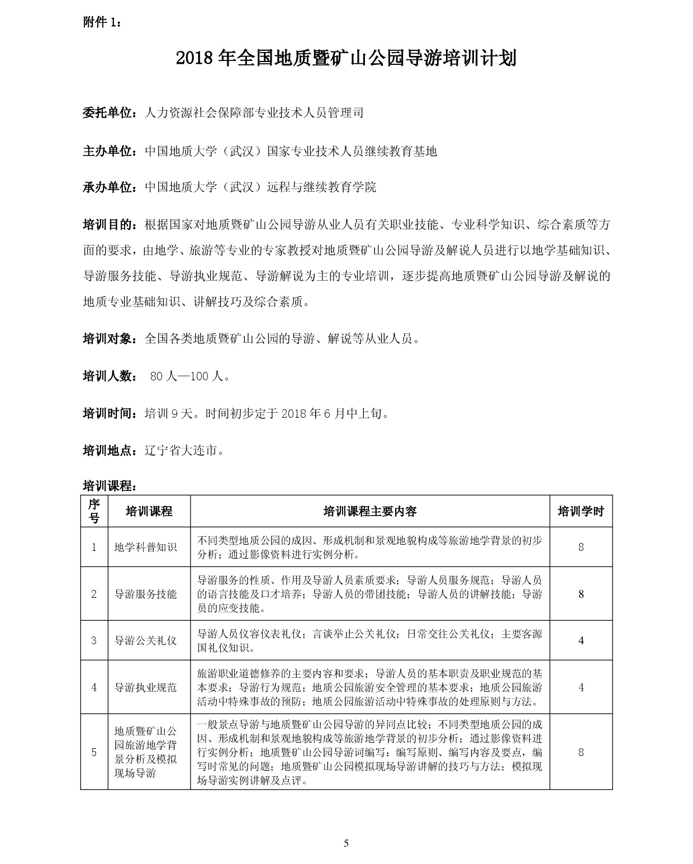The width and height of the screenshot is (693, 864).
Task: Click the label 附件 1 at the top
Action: (101, 22)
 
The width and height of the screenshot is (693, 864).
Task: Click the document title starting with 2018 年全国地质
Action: (346, 58)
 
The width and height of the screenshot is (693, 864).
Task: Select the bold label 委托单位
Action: (108, 112)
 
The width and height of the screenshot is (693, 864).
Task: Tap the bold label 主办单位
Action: (108, 151)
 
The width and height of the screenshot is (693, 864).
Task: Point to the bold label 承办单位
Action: (108, 187)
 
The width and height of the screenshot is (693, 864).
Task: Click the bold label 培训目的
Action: (108, 225)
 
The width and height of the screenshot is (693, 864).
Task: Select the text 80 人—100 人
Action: (190, 376)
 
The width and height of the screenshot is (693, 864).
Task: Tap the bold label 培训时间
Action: (108, 414)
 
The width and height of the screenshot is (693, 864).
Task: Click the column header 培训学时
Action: (581, 511)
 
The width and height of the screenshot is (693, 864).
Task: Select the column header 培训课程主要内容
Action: (370, 511)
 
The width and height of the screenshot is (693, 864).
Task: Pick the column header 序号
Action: (94, 511)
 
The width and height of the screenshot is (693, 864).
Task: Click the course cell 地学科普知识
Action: (145, 547)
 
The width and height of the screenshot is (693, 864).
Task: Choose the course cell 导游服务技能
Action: (145, 594)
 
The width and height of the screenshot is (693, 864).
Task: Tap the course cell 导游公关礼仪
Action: (145, 640)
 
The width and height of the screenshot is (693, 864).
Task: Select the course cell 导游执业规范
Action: (145, 687)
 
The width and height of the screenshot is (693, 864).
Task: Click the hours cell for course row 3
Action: (581, 640)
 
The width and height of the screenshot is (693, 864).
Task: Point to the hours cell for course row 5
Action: (581, 752)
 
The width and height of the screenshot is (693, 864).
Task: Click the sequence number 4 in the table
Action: (94, 687)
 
